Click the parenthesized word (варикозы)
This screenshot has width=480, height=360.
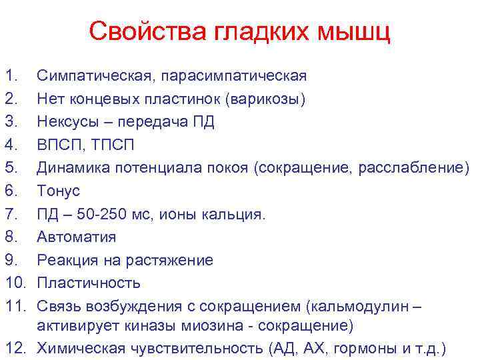pyautogui.click(x=266, y=99)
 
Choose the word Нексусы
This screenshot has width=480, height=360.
pyautogui.click(x=68, y=122)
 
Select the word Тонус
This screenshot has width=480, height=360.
pyautogui.click(x=58, y=191)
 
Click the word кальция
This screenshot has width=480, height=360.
pyautogui.click(x=237, y=214)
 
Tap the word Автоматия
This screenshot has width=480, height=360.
pyautogui.click(x=76, y=237)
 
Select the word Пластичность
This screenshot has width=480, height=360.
pyautogui.click(x=88, y=283)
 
